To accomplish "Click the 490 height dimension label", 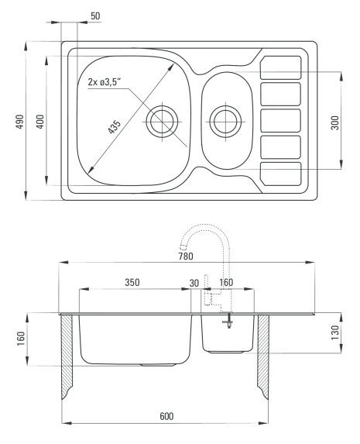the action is click(19, 122).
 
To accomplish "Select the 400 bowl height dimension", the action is click(40, 122).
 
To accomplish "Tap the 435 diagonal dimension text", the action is click(115, 126).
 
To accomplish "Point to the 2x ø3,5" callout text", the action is click(105, 82).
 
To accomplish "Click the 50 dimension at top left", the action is click(95, 15).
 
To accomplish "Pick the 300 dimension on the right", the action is click(334, 122).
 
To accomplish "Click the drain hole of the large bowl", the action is click(162, 122).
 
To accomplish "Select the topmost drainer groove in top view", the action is click(280, 67).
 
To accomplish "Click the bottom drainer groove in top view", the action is click(280, 174).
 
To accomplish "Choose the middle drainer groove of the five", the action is click(280, 121).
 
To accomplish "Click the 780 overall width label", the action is click(186, 256).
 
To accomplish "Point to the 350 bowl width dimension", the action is click(132, 282).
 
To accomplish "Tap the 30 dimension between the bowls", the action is click(194, 283).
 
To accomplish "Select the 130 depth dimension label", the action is click(334, 333).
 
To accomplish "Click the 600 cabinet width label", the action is click(166, 416).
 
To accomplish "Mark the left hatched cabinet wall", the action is click(67, 356).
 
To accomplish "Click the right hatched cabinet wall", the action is click(263, 356).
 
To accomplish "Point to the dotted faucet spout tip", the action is click(183, 246).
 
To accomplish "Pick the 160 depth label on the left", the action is click(21, 339).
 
